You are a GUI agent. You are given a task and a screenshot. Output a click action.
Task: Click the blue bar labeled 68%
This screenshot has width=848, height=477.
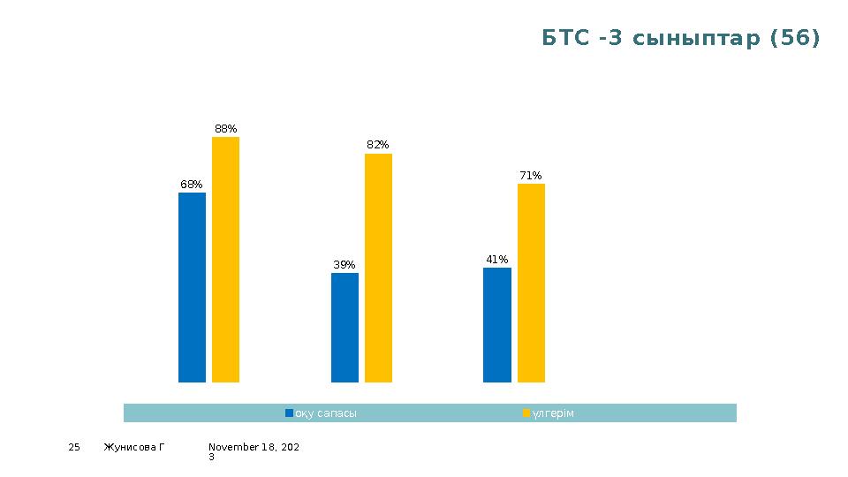coord(192,287)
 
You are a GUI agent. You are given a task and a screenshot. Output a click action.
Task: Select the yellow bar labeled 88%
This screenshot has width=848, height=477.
coord(225,259)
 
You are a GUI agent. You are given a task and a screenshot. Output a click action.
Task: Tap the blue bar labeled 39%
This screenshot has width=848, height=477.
coord(344,327)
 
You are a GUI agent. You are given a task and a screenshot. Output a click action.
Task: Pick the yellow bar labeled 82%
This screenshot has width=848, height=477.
coord(378,268)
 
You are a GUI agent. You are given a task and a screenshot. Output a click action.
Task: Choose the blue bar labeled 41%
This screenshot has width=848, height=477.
coord(497,324)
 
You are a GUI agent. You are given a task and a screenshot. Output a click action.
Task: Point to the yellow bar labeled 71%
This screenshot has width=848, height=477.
coord(531,283)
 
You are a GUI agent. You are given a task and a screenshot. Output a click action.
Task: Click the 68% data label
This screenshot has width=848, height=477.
coord(192,185)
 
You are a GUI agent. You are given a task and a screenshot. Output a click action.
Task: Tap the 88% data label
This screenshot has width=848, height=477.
coord(226,129)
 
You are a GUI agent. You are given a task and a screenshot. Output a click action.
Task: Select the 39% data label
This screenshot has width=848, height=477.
coord(344,265)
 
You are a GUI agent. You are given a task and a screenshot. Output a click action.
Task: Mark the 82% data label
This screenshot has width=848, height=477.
coord(378,145)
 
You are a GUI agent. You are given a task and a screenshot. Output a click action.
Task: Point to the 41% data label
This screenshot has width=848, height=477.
coord(497,260)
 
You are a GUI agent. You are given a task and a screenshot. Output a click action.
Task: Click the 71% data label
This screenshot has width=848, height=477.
coord(531,176)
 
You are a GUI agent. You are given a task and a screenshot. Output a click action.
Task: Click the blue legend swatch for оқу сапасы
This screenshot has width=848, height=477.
coord(289,413)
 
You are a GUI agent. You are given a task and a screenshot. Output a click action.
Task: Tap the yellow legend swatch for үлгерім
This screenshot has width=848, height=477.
coord(526,413)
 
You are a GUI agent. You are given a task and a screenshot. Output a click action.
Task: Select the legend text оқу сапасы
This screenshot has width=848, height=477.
coord(326,413)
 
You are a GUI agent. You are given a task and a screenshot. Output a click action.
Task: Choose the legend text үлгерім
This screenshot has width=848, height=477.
coord(553,413)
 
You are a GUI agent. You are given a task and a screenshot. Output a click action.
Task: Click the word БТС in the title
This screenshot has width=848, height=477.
coord(564,39)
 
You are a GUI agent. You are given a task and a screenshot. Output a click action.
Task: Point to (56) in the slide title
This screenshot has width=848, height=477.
coord(795,39)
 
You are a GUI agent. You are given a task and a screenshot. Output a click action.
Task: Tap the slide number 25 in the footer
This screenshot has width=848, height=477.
coord(74,448)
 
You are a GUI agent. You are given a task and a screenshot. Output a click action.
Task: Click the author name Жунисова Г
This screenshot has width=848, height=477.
coord(134,448)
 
